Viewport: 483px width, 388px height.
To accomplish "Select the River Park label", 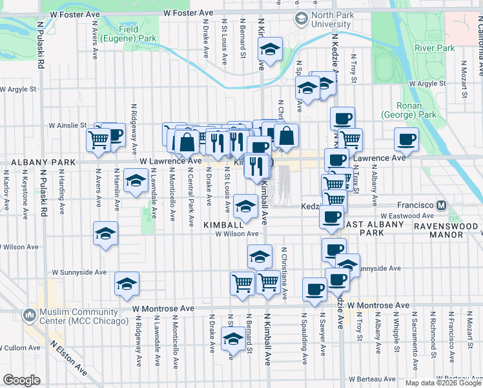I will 435,48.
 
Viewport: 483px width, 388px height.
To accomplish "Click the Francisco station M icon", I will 442,205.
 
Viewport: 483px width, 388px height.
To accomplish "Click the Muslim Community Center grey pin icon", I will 29,315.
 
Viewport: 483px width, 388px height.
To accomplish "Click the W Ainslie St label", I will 68,125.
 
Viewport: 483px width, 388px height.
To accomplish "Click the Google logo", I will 21,380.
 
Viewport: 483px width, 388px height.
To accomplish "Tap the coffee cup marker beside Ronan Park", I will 406,138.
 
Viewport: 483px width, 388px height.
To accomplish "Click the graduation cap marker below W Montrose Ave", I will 233,338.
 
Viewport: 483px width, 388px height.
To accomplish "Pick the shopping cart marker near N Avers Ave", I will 98,138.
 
